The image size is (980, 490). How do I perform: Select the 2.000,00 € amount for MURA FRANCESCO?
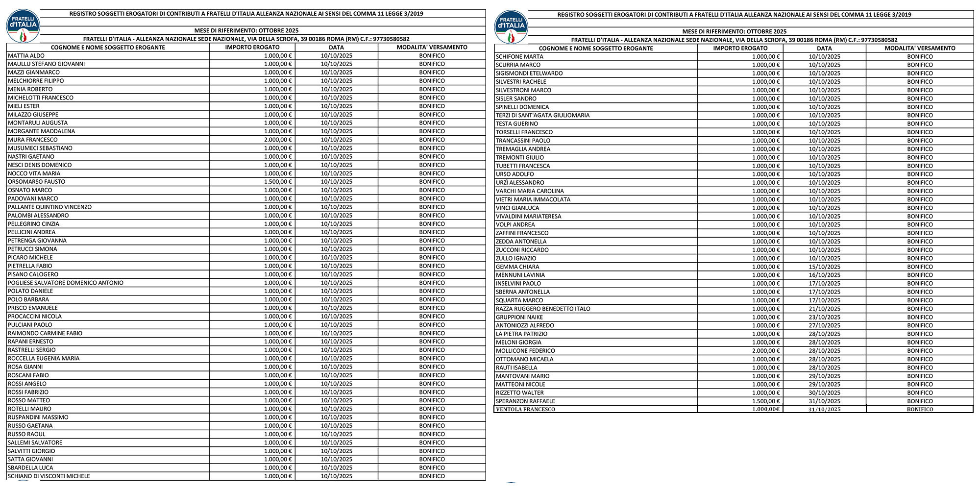[x=277, y=140]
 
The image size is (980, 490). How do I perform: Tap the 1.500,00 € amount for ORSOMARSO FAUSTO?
[x=277, y=182]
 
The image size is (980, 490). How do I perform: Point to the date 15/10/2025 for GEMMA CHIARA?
[x=824, y=267]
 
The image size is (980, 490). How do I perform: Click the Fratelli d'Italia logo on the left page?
[x=23, y=26]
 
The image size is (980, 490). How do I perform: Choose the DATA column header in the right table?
[x=824, y=49]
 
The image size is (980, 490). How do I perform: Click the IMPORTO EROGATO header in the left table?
[x=252, y=48]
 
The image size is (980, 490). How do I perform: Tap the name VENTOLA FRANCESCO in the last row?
[x=525, y=409]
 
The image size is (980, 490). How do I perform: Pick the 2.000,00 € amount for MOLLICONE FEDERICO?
[x=765, y=351]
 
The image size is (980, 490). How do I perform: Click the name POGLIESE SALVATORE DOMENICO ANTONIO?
[x=66, y=283]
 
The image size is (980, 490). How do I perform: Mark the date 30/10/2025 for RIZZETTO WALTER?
[x=824, y=393]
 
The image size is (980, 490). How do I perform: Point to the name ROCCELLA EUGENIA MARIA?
[x=44, y=359]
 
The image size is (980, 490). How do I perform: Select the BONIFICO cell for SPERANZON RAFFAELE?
[x=919, y=401]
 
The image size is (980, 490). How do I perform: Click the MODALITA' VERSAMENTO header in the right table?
[x=919, y=49]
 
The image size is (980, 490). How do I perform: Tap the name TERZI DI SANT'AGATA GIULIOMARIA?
[x=542, y=116]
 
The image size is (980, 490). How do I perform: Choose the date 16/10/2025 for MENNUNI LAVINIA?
[x=824, y=275]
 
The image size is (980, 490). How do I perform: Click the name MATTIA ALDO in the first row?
[x=26, y=56]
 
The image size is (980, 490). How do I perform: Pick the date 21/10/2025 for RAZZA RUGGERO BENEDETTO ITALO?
[x=824, y=309]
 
